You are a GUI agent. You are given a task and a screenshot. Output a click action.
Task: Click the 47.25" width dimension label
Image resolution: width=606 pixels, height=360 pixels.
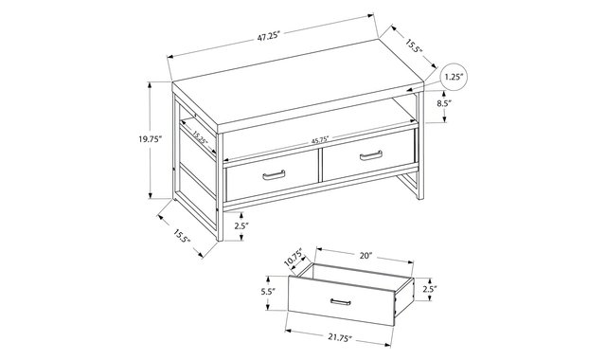(x=268, y=38)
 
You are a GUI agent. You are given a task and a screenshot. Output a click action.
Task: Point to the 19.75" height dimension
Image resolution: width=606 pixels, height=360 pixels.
(x=151, y=139)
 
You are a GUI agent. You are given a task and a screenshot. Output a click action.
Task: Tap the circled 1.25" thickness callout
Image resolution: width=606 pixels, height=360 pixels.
(x=454, y=77)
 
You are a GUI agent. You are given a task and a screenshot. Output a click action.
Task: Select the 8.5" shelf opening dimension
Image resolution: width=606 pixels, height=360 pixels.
(x=443, y=103)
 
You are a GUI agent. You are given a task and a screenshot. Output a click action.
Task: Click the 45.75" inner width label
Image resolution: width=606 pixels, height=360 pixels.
(x=320, y=140)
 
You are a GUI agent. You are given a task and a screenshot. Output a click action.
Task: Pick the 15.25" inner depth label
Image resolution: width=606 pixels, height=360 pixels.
(x=200, y=136)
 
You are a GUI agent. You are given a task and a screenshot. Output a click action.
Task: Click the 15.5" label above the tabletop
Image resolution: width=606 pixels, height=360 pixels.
(x=414, y=46)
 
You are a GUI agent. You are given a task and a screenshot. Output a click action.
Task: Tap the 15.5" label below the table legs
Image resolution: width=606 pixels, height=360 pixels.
(x=182, y=236)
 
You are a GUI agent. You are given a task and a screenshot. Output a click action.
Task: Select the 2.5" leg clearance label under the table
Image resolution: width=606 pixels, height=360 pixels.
(x=241, y=225)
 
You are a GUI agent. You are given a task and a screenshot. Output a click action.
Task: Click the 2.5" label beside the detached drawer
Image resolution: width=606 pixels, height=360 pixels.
(x=430, y=289)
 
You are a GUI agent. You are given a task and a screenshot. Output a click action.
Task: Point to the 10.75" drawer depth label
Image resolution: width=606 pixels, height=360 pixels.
(x=294, y=258)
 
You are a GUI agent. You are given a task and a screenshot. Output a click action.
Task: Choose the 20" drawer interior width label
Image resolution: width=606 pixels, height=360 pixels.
(x=365, y=256)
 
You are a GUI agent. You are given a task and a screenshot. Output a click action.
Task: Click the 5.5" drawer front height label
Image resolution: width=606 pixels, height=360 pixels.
(x=268, y=292)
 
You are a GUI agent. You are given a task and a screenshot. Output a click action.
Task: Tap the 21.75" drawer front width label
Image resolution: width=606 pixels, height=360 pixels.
(x=341, y=337)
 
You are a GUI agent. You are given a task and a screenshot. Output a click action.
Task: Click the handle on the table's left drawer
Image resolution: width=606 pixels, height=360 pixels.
(x=274, y=175)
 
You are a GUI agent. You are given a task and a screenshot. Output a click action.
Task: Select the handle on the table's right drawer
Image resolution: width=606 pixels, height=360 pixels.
(x=371, y=155)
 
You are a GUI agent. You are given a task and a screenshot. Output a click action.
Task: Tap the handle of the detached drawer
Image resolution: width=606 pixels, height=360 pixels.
(x=341, y=302)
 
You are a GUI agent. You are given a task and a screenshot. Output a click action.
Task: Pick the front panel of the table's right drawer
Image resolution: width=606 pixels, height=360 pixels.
(x=368, y=155)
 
